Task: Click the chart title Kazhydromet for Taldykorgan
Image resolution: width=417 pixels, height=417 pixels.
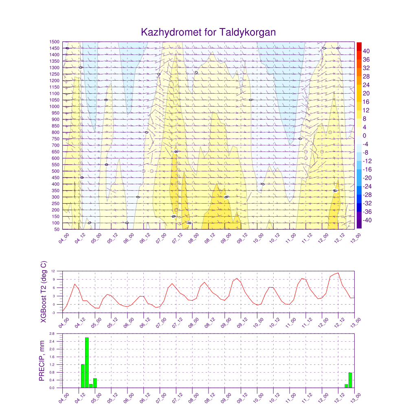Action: [208, 32]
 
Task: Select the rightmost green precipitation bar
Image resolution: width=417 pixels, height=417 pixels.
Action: [350, 380]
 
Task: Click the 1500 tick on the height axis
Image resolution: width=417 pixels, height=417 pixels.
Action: [55, 42]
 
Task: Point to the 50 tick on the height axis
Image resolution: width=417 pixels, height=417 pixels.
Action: [57, 230]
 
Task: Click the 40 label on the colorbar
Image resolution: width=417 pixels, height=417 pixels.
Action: [366, 51]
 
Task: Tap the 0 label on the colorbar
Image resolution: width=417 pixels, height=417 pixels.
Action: [364, 136]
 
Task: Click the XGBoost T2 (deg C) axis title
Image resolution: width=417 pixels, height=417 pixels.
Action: [44, 292]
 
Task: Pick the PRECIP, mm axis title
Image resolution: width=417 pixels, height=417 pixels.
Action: [42, 361]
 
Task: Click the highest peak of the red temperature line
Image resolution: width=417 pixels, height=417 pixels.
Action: [338, 273]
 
